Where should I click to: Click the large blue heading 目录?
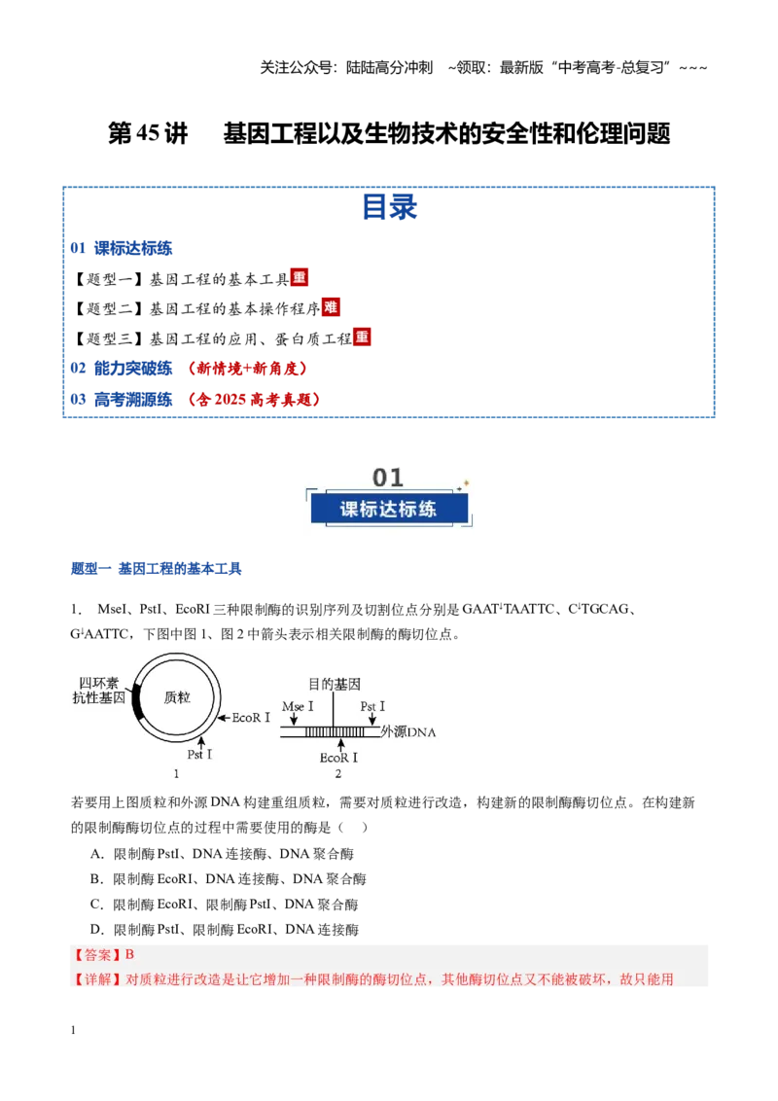390,207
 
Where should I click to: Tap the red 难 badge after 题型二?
331,306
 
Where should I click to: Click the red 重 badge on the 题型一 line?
300,277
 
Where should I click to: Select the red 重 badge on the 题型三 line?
362,337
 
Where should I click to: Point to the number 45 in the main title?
148,133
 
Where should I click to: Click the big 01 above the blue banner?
388,478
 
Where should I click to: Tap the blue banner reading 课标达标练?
389,509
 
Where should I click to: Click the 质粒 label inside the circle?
177,697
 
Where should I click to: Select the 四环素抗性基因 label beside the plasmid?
99,691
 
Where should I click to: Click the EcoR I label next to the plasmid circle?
251,718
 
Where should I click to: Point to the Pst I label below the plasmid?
199,754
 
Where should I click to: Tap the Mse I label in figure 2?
298,706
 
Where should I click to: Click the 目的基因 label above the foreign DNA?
335,684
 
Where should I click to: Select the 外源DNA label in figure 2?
407,731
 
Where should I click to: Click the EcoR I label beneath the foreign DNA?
338,758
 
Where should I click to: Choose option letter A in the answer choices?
97,854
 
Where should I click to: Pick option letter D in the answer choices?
97,930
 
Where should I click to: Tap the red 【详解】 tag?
97,978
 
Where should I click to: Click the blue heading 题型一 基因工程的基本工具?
156,569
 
